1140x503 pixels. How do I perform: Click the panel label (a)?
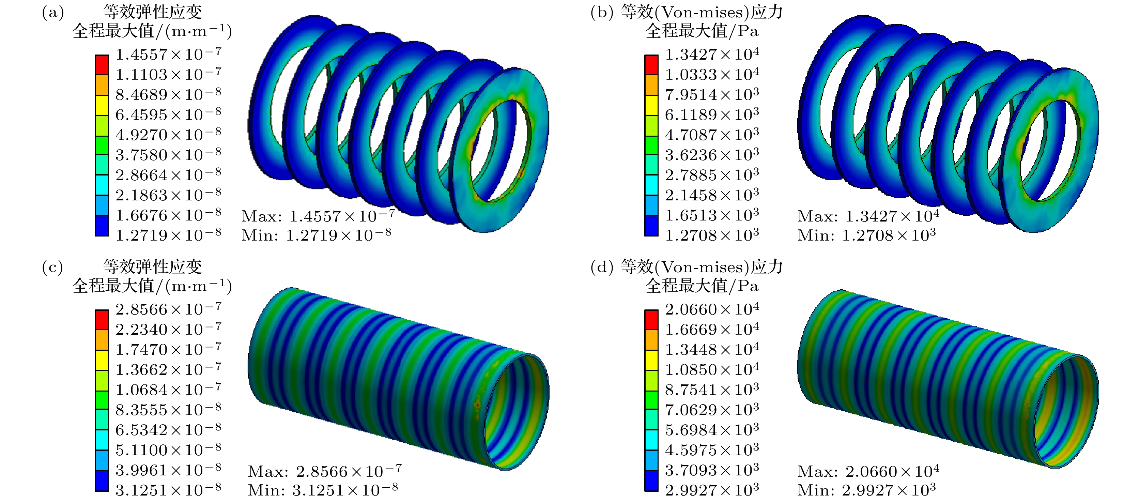[x=53, y=12]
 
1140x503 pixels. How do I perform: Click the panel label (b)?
[x=602, y=12]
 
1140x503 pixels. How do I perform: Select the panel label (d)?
[x=602, y=268]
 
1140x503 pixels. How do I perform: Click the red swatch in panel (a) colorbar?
[x=102, y=65]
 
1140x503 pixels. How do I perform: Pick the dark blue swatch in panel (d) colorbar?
[x=651, y=481]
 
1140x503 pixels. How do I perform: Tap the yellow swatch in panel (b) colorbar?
[x=651, y=105]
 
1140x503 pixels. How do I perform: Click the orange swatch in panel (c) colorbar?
[x=102, y=340]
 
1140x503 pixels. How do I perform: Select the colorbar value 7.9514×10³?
[x=712, y=94]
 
